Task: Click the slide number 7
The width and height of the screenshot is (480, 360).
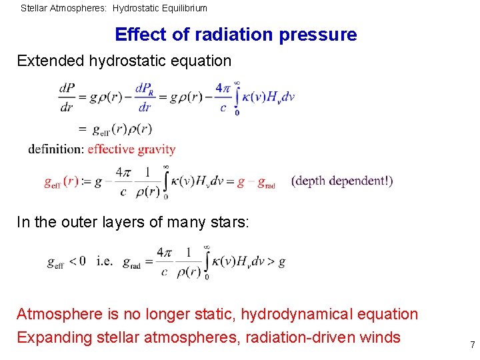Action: tap(472, 345)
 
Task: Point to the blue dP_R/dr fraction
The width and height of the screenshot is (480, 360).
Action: tap(145, 97)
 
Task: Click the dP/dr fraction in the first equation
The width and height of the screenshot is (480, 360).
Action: tap(67, 97)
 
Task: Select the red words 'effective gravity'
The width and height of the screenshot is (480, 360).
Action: tap(131, 149)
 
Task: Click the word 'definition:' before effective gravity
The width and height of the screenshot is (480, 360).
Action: tap(56, 149)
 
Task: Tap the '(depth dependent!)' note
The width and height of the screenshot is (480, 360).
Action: tap(342, 181)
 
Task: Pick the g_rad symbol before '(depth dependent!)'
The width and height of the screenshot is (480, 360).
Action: tap(266, 182)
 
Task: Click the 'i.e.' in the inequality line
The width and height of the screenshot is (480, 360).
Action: tap(105, 262)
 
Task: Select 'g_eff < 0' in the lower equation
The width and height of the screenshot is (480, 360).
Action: tap(67, 262)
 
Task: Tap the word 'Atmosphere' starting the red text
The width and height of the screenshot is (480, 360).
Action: tap(58, 314)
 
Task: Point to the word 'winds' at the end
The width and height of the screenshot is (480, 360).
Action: tap(379, 337)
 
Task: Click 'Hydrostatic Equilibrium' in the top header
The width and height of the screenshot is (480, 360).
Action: tap(160, 9)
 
